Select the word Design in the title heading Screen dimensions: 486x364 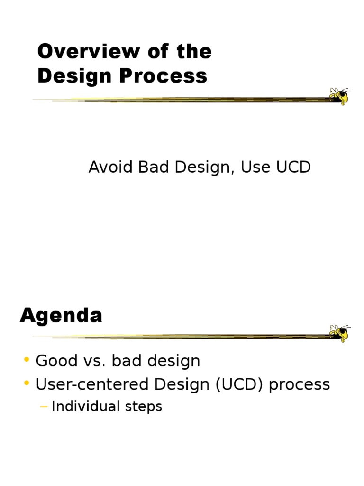click(73, 76)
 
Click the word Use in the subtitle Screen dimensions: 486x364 click(255, 167)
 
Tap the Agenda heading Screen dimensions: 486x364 click(61, 315)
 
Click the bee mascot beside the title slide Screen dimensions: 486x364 click(339, 96)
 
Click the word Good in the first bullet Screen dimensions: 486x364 click(55, 361)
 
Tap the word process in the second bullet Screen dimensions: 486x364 click(299, 385)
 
